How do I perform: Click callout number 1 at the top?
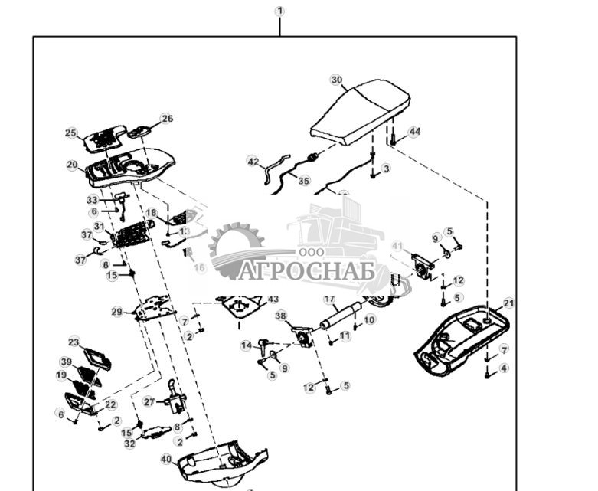[279, 11]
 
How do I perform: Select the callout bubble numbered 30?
[337, 80]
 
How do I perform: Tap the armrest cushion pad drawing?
[360, 115]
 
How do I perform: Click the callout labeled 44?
[414, 132]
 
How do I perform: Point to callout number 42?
[254, 161]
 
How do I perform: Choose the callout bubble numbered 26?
[167, 119]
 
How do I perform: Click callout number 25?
[71, 133]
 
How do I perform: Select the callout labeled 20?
[72, 165]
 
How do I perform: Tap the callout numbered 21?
[509, 303]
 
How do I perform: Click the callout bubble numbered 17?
[329, 299]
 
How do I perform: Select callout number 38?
[281, 316]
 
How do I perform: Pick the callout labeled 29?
[117, 312]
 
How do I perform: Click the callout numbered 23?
[74, 342]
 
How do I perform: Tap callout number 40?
[166, 459]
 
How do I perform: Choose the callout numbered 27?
[149, 401]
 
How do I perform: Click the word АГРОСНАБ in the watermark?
[306, 271]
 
